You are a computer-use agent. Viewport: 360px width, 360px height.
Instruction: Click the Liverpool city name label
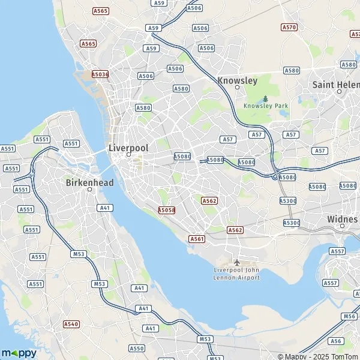coord(128,147)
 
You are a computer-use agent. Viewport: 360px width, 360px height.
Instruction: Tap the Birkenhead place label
coord(89,182)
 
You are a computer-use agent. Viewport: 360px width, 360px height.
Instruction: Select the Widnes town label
coord(343,219)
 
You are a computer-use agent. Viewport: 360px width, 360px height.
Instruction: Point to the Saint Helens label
coord(336,85)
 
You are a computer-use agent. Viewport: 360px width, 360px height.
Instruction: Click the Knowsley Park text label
coord(266,106)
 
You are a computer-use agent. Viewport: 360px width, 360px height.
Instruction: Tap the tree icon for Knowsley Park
coord(265,98)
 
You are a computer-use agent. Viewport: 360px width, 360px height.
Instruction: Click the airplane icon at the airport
coord(236,263)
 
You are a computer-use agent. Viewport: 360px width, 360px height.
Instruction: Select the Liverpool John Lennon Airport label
coord(236,274)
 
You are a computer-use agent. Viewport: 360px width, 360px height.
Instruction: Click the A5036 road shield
coord(100,74)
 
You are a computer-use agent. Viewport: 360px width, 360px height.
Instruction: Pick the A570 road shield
coord(289,27)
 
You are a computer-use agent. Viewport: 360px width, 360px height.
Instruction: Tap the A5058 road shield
coord(166,210)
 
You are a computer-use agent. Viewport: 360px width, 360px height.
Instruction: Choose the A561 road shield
coord(197,239)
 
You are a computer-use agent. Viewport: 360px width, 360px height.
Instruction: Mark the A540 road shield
coord(71,324)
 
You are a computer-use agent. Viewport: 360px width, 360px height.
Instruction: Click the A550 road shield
coord(137,348)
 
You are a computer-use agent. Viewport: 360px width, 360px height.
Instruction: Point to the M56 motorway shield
coord(350,316)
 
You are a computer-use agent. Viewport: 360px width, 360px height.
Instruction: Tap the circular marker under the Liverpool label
coord(128,155)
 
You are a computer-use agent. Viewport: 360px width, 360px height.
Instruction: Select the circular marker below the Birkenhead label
coord(89,190)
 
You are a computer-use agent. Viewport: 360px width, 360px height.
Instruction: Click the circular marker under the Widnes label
coord(343,227)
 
